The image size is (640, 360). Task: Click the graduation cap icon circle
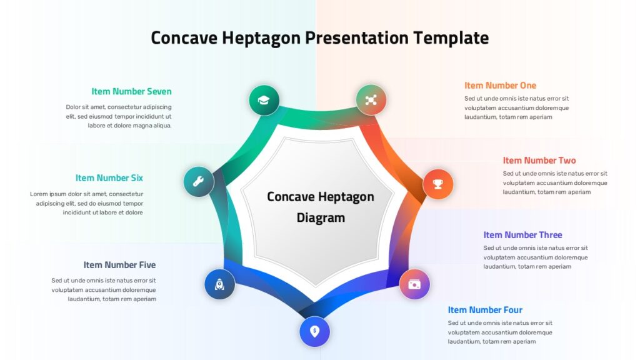coord(264,100)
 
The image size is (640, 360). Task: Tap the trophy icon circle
coord(438,184)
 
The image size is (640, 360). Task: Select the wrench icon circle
coord(199,182)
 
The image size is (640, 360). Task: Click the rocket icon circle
coord(219,284)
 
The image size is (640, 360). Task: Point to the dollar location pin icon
coord(315,331)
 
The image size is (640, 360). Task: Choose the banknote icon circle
coord(414,284)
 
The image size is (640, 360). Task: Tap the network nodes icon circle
coord(371,100)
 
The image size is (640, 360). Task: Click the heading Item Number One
coord(500,85)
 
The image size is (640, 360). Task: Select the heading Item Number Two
coord(539,161)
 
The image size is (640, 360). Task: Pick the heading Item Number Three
coord(522,235)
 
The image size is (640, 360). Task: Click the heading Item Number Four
coord(485,310)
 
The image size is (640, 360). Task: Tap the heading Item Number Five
coord(119,265)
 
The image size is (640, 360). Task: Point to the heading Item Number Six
coord(109,178)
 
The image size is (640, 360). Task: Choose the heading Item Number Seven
coord(131,91)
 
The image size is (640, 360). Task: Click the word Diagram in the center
coord(321,218)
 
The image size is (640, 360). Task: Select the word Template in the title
coord(451,38)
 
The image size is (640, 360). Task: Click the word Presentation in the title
coord(357,38)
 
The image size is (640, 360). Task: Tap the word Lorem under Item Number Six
coord(39,194)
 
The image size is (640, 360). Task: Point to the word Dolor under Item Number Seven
coord(73,107)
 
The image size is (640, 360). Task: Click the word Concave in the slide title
coord(184,38)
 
